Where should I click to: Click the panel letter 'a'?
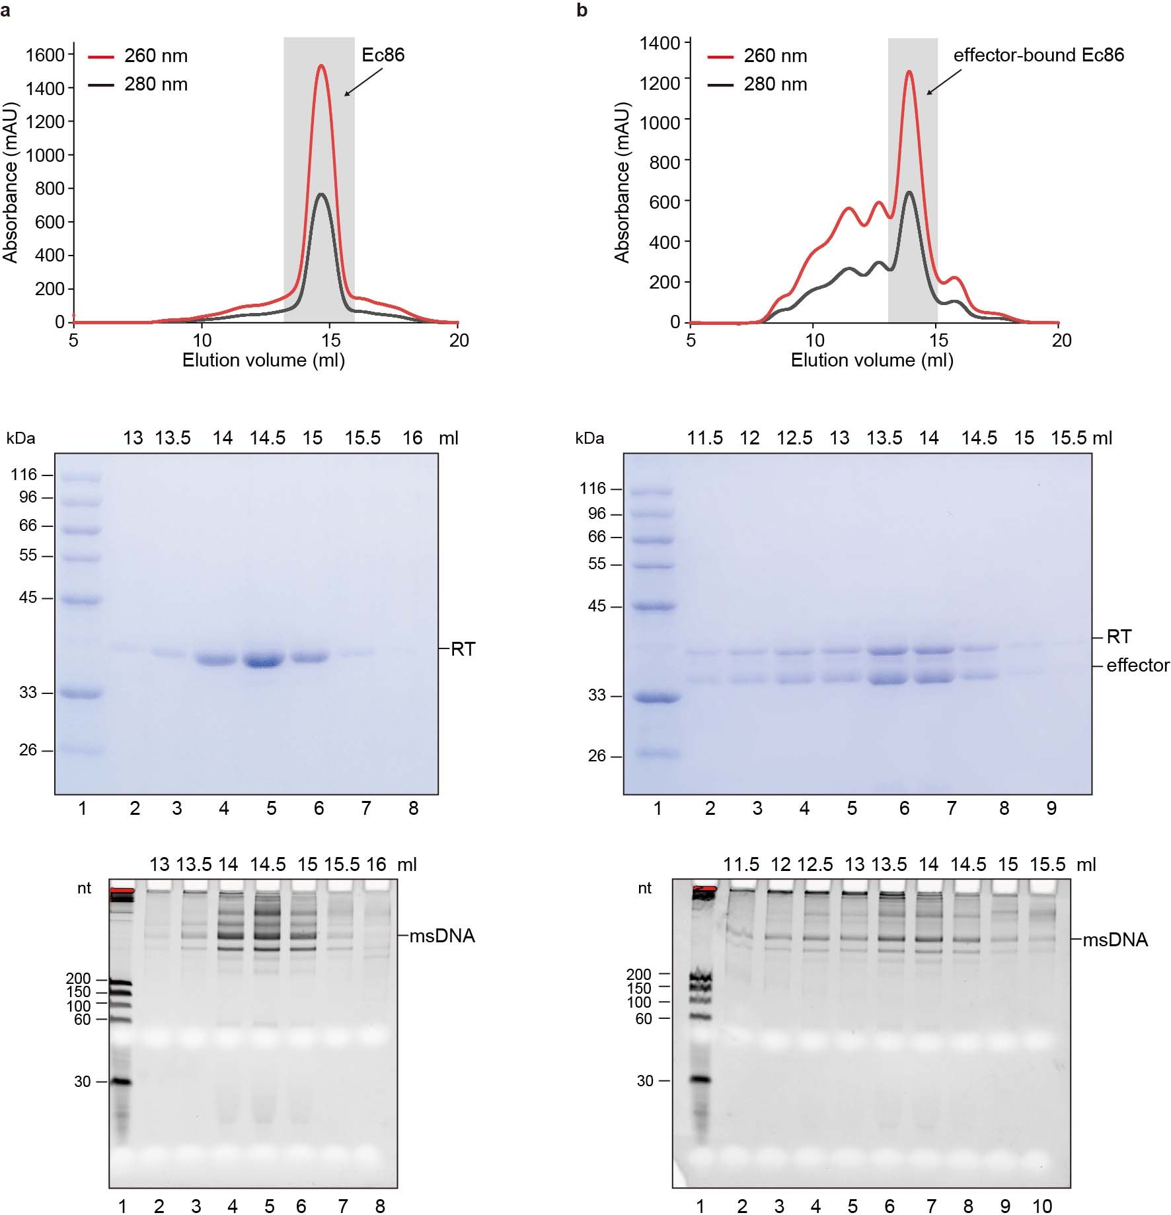5,11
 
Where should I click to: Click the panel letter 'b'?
582,11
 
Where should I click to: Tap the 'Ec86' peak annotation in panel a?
383,55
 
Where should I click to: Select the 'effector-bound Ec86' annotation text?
1038,55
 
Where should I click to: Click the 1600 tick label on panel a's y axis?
45,55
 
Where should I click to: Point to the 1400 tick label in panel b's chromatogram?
660,44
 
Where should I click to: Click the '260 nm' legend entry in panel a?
155,56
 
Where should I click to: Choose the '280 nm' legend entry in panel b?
774,85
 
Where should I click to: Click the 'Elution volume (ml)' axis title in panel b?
872,361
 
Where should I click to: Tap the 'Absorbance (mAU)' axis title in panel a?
10,182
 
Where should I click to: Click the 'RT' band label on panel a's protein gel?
463,650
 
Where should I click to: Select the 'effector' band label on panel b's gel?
1137,666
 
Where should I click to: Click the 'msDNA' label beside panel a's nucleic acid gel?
442,936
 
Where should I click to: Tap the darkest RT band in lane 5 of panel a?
264,660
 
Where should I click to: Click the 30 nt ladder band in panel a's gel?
121,1082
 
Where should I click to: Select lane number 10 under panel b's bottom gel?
1042,1206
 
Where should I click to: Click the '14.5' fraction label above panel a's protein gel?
268,438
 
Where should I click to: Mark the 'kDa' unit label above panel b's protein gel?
589,438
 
